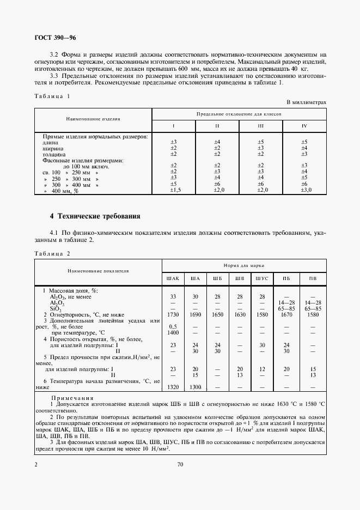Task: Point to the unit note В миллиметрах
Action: click(x=306, y=102)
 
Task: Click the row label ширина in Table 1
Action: click(x=53, y=148)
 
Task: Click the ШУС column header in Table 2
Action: click(x=262, y=278)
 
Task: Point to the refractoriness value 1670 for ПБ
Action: click(x=286, y=315)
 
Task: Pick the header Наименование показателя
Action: click(x=99, y=270)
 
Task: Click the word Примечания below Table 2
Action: click(x=72, y=398)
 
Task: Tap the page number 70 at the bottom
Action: click(x=180, y=464)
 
